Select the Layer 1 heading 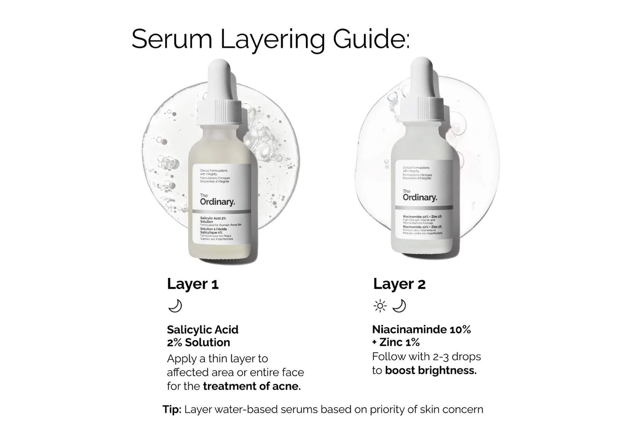(192, 284)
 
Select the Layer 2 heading (399, 284)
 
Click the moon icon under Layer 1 (175, 306)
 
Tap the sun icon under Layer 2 (380, 306)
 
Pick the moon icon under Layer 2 (399, 306)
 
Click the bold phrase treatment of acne (252, 387)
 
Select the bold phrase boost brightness (431, 371)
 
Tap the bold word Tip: (172, 410)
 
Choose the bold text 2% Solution (198, 343)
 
